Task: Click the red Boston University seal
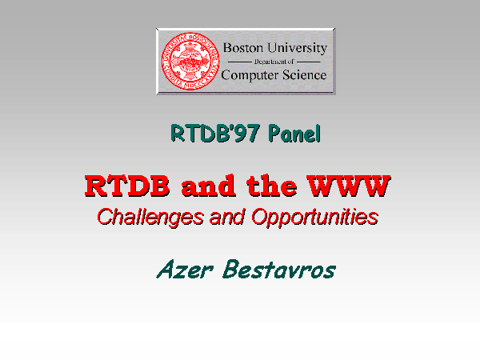[x=190, y=62]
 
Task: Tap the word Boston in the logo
[x=243, y=48]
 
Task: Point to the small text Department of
[x=274, y=62]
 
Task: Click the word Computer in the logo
[x=250, y=76]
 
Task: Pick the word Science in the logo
[x=305, y=75]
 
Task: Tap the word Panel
[x=294, y=134]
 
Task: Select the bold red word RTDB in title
[x=127, y=186]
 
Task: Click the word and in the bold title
[x=209, y=186]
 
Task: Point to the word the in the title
[x=272, y=186]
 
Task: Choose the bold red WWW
[x=349, y=186]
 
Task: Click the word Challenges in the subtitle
[x=150, y=218]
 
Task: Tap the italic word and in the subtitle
[x=227, y=217]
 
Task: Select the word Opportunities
[x=315, y=218]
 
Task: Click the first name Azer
[x=185, y=270]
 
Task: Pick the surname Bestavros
[x=279, y=270]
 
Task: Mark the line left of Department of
[x=240, y=62]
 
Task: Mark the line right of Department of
[x=309, y=62]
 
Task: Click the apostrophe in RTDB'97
[x=232, y=128]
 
